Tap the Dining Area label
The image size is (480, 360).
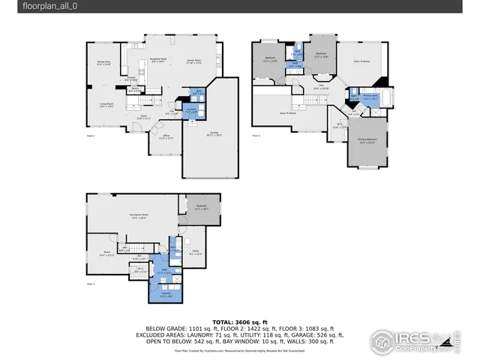103,64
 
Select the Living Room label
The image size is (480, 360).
106,105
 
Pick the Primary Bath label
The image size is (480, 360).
370,97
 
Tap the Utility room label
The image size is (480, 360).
195,253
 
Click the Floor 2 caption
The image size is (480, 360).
91,136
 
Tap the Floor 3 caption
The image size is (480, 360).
256,136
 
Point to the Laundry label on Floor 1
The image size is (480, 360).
166,294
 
